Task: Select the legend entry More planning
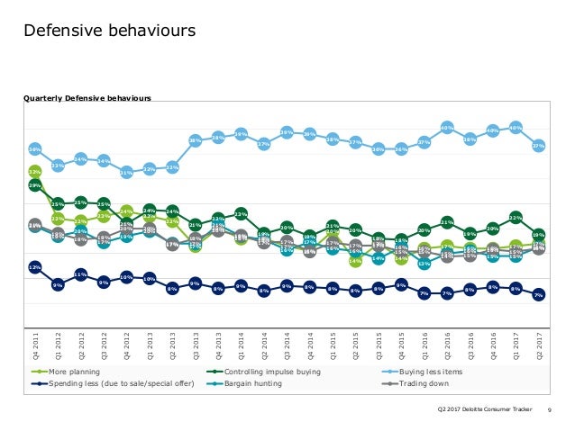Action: [74, 371]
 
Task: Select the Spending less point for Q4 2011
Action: [34, 267]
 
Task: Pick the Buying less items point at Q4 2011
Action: [34, 148]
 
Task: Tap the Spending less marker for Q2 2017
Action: [538, 295]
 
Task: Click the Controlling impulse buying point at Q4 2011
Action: [34, 185]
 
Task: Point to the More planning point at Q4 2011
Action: [34, 170]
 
